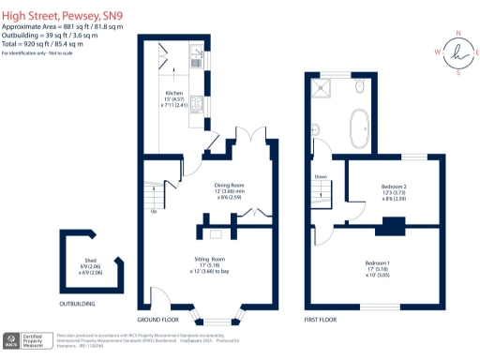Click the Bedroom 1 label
coord(376,264)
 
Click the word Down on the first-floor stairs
coord(321,176)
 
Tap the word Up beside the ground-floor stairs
coord(153,210)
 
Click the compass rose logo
coord(457,52)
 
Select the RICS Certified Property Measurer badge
coord(26,340)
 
